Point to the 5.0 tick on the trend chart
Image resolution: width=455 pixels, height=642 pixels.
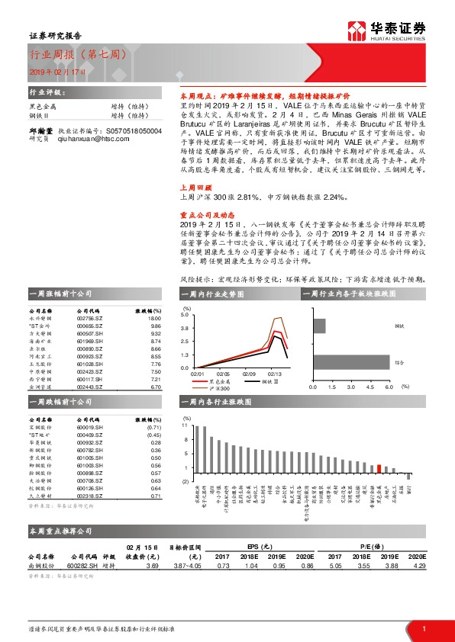[184, 314]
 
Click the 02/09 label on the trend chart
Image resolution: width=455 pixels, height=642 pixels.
[249, 374]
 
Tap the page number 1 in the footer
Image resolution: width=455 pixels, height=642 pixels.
[422, 628]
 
